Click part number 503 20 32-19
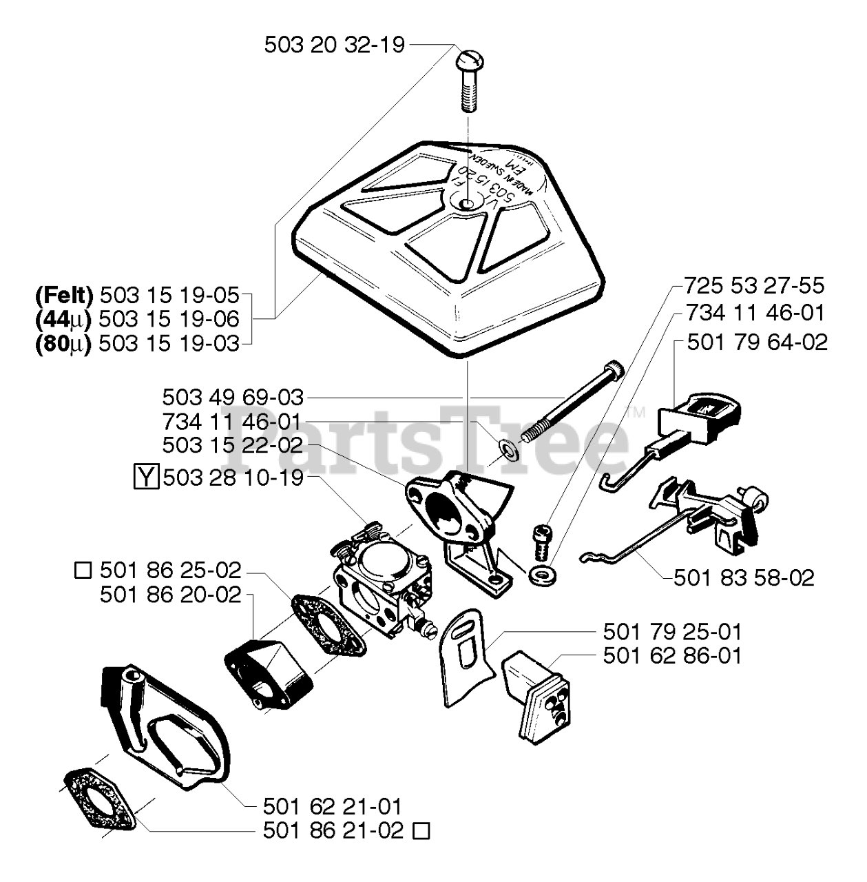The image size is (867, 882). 335,45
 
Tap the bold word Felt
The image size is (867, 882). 63,296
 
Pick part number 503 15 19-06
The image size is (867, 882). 169,320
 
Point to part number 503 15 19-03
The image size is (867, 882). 169,343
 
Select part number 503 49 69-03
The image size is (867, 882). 233,398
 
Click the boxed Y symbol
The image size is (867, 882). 146,477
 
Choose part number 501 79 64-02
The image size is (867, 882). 757,342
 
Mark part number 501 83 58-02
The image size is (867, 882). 744,577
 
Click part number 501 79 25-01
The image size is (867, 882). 673,632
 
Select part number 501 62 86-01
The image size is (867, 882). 673,655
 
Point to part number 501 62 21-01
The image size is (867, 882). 333,806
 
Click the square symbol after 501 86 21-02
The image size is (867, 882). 421,832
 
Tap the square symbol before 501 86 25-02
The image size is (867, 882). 83,571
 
